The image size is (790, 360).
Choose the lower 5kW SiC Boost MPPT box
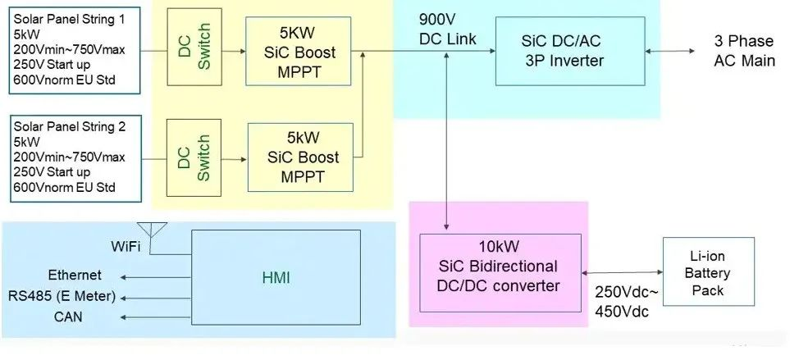tap(300, 157)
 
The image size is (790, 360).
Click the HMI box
tap(276, 278)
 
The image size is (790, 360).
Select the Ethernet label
tap(75, 276)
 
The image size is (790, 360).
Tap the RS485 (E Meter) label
tap(62, 296)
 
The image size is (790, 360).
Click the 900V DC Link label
tap(447, 30)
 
